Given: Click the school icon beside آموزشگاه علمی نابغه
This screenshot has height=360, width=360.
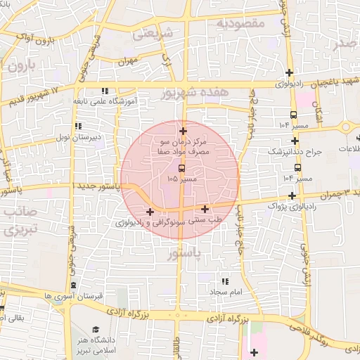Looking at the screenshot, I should pos(105,91).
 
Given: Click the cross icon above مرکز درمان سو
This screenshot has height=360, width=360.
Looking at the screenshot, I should pos(183,131).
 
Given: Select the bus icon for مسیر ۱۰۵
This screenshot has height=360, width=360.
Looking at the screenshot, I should pos(182,169).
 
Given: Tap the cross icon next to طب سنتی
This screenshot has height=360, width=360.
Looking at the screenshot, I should pos(205,209).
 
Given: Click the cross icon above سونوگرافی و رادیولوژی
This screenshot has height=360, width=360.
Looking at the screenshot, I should pos(150,212).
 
